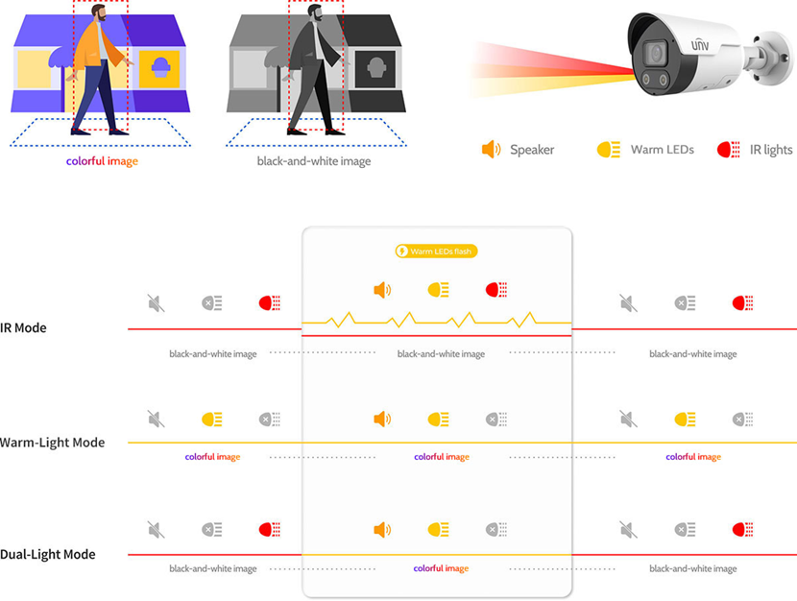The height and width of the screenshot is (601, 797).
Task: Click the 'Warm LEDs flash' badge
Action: (x=436, y=251)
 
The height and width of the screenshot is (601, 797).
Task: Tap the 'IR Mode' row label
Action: (x=23, y=327)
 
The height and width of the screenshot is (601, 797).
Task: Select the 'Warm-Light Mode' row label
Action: (x=53, y=443)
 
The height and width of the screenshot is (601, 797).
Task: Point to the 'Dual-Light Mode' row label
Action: (x=48, y=554)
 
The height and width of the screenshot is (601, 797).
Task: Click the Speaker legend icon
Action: (x=491, y=150)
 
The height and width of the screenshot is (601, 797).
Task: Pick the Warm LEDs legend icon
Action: (x=609, y=150)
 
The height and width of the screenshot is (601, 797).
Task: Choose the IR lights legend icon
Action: (x=728, y=150)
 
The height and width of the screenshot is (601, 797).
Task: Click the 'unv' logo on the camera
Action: (x=700, y=45)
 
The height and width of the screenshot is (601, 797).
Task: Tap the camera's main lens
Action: (x=655, y=53)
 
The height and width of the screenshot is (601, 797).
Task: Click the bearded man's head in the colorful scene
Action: (x=99, y=12)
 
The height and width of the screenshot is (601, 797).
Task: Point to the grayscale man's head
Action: (x=316, y=12)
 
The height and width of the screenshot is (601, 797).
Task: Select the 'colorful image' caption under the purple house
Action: (x=102, y=161)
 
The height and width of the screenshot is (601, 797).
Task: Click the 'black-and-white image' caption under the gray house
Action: (x=314, y=161)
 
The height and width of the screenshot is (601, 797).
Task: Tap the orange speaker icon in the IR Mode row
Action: (x=382, y=290)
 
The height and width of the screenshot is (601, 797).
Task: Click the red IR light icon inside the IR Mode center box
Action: (x=496, y=290)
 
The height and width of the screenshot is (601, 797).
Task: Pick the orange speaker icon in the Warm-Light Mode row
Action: (x=382, y=420)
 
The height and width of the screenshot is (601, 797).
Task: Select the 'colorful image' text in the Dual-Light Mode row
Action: (x=441, y=568)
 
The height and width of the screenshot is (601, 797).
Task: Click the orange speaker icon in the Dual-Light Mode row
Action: (x=382, y=530)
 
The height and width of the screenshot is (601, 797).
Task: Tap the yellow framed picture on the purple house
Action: (x=160, y=68)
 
